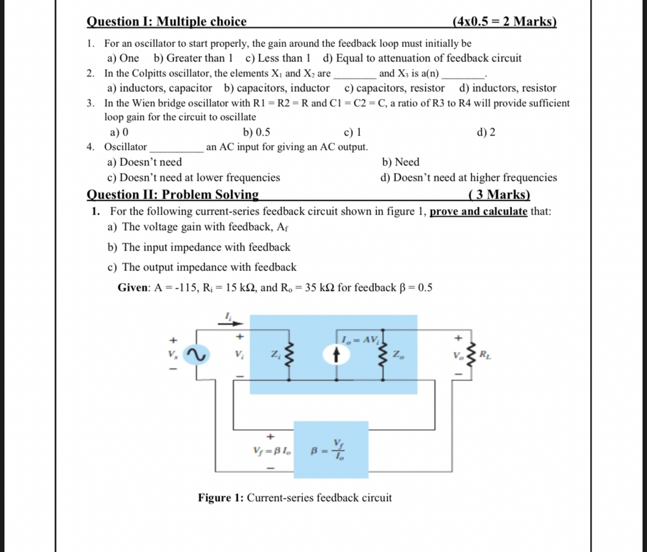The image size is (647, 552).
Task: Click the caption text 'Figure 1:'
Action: click(221, 498)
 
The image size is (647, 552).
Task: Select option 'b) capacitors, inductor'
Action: click(277, 88)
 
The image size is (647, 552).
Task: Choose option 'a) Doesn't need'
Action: click(144, 162)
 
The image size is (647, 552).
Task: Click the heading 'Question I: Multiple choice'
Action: click(166, 22)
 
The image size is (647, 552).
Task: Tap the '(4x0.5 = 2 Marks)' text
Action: click(504, 22)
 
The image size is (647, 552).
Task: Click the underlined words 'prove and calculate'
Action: click(478, 211)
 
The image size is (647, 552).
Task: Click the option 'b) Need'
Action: click(400, 162)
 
